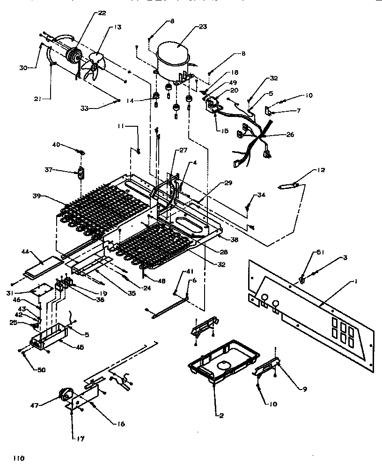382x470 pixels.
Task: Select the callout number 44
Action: (x=25, y=252)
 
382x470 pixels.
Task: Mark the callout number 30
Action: (x=23, y=67)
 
